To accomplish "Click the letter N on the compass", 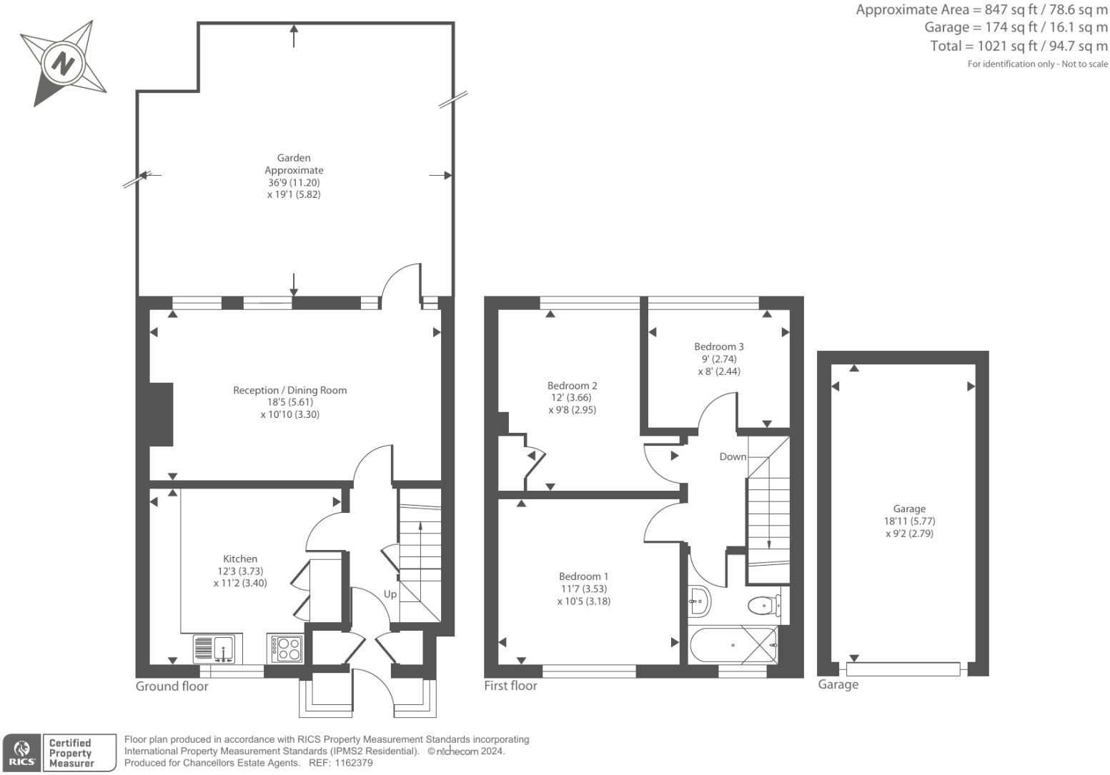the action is pyautogui.click(x=63, y=64).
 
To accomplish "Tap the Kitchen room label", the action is pyautogui.click(x=240, y=559).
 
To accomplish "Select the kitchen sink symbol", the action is pyautogui.click(x=217, y=649).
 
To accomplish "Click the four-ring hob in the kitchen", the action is pyautogui.click(x=285, y=649).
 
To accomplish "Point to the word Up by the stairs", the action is pyautogui.click(x=390, y=594).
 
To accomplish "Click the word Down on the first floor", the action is pyautogui.click(x=733, y=456).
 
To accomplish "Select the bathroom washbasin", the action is pyautogui.click(x=699, y=601).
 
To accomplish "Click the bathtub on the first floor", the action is pyautogui.click(x=733, y=645).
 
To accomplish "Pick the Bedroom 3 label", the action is pyautogui.click(x=718, y=346).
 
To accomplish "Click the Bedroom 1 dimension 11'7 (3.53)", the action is pyautogui.click(x=584, y=589).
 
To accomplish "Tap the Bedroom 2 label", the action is pyautogui.click(x=572, y=385).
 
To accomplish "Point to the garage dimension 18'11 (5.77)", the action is pyautogui.click(x=909, y=521).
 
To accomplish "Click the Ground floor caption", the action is pyautogui.click(x=172, y=686).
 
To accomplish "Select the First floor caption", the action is pyautogui.click(x=510, y=686).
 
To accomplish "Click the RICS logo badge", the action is pyautogui.click(x=22, y=753).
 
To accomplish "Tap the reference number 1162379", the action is pyautogui.click(x=353, y=763).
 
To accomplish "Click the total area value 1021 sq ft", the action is pyautogui.click(x=998, y=46).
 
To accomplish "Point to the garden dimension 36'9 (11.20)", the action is pyautogui.click(x=294, y=182).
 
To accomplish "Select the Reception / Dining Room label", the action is pyautogui.click(x=290, y=390).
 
